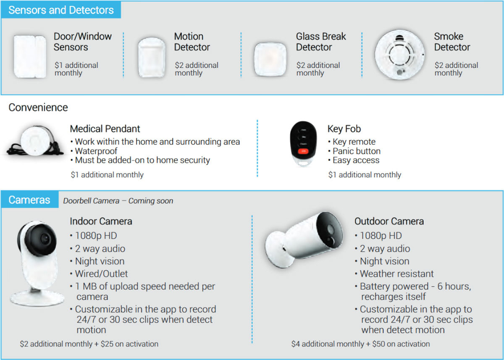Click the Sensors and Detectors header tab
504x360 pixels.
[x=61, y=10]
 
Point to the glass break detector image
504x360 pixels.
[x=270, y=59]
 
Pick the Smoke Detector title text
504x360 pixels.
[x=452, y=42]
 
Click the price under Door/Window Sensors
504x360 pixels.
[x=76, y=69]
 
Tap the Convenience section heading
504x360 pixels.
[x=38, y=108]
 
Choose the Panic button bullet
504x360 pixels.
[x=356, y=151]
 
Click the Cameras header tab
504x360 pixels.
[x=29, y=200]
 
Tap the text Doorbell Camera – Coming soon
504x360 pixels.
[x=118, y=201]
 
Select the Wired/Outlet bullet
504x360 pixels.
[x=101, y=274]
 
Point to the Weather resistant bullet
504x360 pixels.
[x=396, y=274]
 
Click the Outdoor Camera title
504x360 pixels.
[x=389, y=221]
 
